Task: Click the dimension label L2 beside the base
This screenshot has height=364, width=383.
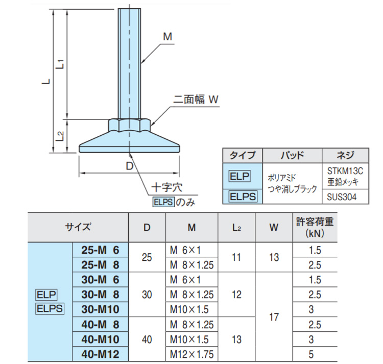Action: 60,136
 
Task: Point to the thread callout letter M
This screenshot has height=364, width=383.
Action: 167,37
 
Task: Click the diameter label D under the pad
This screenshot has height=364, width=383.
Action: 129,166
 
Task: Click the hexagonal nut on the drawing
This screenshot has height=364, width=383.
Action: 129,124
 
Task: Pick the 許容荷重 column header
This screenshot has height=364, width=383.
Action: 315,228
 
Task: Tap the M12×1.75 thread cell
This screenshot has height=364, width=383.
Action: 191,354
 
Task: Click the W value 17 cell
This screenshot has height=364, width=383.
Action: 274,317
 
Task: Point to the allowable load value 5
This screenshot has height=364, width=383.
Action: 315,354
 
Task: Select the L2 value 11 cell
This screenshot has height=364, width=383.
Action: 236,258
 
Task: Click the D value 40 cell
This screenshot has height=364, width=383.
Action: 147,339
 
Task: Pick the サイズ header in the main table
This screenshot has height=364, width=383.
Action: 78,228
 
